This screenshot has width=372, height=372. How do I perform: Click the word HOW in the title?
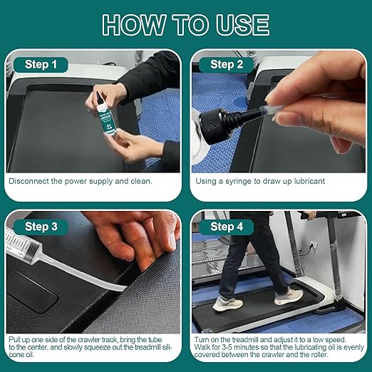tap(134, 25)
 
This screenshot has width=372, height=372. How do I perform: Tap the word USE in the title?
tap(242, 25)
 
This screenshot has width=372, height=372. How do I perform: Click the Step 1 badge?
tap(41, 65)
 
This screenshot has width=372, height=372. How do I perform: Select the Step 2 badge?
tap(227, 65)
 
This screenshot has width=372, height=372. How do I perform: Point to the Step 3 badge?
tap(41, 227)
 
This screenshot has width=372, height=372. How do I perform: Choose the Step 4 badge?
tap(227, 227)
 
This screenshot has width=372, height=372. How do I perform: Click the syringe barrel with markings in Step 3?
tap(21, 244)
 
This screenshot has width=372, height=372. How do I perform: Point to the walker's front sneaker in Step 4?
tap(289, 296)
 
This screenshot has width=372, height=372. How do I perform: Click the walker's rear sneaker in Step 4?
tap(227, 304)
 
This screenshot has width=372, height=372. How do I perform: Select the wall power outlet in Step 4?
tap(314, 244)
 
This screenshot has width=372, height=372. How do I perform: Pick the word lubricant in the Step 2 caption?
tap(309, 181)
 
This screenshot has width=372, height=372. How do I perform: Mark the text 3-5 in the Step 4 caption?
tap(221, 347)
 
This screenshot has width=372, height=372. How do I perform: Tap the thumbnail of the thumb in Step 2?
tap(271, 100)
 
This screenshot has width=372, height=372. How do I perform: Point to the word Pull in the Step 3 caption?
tap(15, 339)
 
